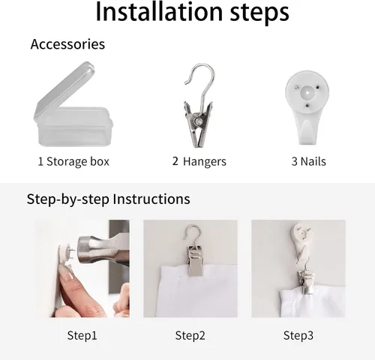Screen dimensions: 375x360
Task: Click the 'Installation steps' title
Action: [192, 12]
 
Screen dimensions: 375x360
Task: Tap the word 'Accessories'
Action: [67, 44]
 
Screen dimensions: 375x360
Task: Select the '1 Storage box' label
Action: [73, 161]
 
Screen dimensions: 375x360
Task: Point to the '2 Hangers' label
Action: [199, 161]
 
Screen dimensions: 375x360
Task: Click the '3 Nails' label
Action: [308, 161]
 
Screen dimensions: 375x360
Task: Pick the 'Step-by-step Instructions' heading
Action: [108, 199]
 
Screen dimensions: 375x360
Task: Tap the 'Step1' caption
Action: [82, 335]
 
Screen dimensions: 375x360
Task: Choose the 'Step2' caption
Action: [190, 335]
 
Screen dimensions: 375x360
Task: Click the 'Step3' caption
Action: [298, 335]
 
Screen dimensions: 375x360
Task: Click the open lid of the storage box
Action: [65, 90]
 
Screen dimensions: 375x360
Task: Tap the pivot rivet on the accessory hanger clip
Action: [199, 121]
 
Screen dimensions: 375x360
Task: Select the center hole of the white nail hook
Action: [307, 92]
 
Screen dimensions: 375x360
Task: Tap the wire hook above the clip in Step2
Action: [192, 234]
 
